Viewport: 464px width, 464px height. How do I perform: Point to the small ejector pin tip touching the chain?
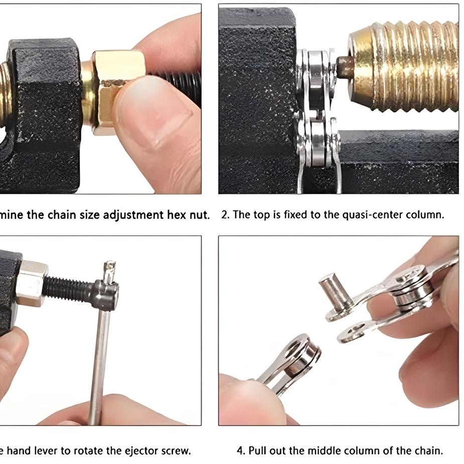point(345,67)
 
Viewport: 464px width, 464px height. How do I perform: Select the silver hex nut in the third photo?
point(32,283)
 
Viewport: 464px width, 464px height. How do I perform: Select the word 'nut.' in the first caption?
point(199,215)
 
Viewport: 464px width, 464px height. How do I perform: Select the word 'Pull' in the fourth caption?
point(257,450)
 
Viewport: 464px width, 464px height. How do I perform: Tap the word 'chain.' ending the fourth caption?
point(428,450)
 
